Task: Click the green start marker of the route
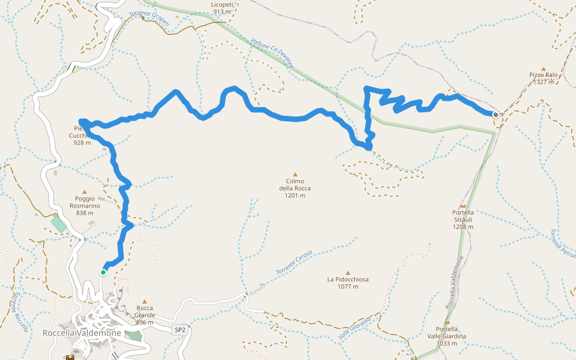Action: click(103, 272)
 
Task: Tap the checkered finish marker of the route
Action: click(495, 115)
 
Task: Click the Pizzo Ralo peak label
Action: click(544, 78)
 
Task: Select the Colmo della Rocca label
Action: click(295, 188)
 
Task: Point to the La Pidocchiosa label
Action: click(347, 283)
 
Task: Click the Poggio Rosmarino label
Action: click(84, 206)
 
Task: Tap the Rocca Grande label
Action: click(145, 315)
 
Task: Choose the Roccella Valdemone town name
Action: click(82, 333)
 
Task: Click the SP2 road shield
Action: click(180, 330)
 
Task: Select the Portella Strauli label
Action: click(463, 219)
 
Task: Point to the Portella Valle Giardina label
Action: click(451, 336)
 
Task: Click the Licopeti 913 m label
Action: click(222, 8)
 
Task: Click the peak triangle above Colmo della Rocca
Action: click(295, 175)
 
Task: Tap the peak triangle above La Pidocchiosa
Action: click(347, 272)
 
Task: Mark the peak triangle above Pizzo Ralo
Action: click(544, 69)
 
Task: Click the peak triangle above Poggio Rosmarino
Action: click(84, 192)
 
